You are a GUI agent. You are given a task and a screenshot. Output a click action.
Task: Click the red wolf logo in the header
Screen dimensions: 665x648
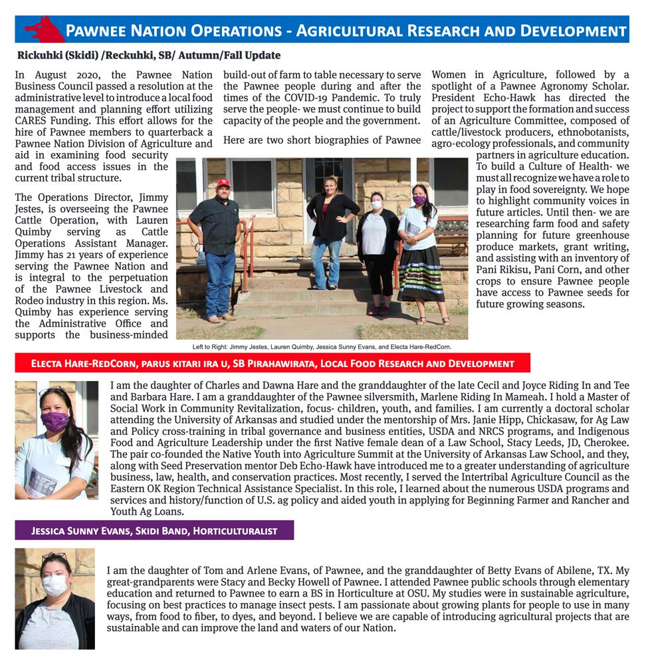click(x=44, y=29)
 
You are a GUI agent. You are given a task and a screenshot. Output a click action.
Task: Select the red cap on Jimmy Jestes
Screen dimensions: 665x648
click(x=223, y=183)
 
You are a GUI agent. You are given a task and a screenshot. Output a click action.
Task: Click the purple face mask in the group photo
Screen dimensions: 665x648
click(x=419, y=199)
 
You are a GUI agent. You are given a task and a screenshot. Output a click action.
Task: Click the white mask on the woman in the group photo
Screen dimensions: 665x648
click(x=377, y=205)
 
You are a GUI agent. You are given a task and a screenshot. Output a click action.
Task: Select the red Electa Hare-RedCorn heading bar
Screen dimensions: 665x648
click(x=272, y=363)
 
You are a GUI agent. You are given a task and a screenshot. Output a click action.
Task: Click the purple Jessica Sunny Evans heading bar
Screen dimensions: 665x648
click(x=154, y=531)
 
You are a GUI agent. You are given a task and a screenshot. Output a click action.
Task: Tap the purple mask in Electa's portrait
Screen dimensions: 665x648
click(x=55, y=420)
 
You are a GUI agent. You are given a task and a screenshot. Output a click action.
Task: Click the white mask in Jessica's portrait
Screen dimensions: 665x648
click(x=54, y=585)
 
